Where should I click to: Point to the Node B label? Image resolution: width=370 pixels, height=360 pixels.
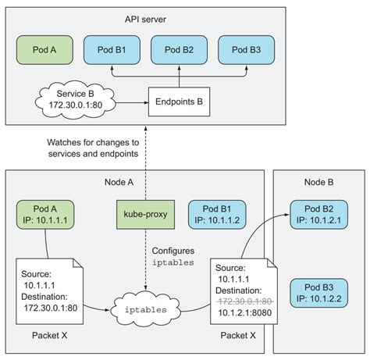pyautogui.click(x=321, y=180)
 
